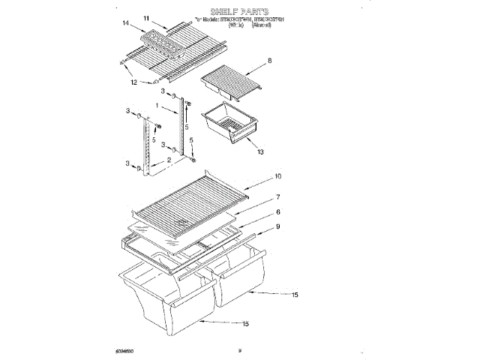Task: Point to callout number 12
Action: coord(134,82)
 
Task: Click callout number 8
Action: coord(268,60)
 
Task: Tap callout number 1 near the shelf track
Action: coord(157,106)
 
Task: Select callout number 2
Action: coord(169,160)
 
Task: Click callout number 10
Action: coord(277,178)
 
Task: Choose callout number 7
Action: coord(277,197)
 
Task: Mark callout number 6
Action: coord(277,212)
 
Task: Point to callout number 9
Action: coord(277,226)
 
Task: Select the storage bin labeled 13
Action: coord(226,121)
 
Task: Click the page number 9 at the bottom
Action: coord(239,349)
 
